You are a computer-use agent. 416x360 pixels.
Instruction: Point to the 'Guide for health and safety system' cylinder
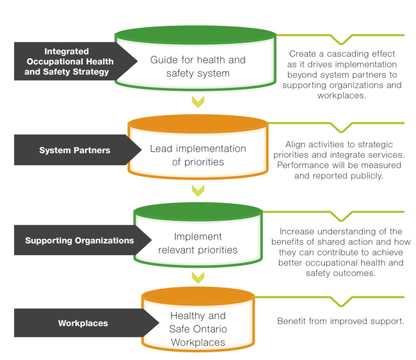point(197,66)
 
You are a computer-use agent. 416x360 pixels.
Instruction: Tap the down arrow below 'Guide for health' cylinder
point(198,101)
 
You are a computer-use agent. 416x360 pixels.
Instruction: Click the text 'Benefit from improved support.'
point(340,320)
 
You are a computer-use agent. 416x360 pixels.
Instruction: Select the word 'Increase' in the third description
point(298,231)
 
